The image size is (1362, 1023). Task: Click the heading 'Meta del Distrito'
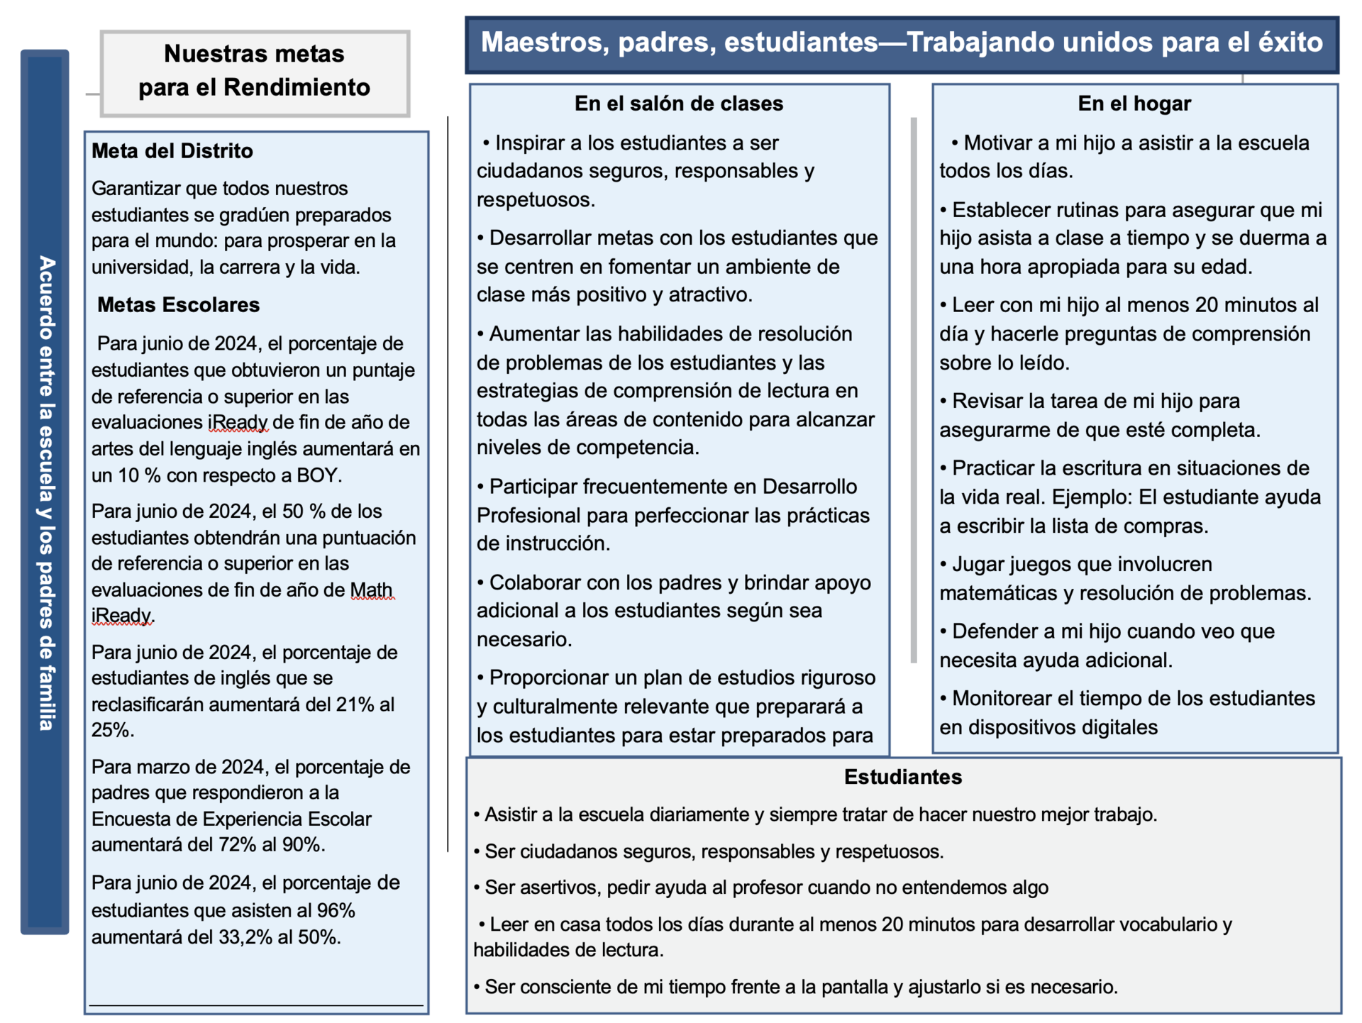tap(172, 151)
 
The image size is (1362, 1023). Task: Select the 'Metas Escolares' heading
tap(178, 305)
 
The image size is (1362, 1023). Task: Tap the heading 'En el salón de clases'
tap(679, 104)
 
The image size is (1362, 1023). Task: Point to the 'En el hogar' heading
tap(1134, 104)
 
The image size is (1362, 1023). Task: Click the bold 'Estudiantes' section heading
tap(903, 777)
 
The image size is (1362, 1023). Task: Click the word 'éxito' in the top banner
tap(1290, 43)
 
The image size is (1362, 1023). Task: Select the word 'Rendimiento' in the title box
tap(297, 87)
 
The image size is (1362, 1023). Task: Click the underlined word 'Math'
tap(372, 590)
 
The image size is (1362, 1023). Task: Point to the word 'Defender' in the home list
tap(993, 631)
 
